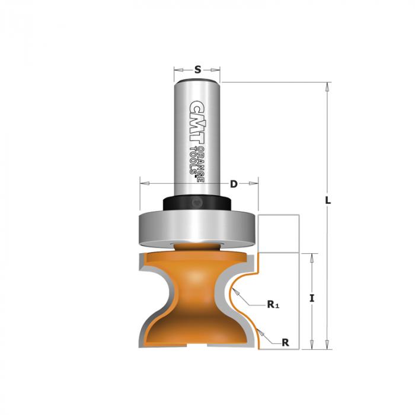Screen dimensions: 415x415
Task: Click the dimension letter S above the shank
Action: pyautogui.click(x=197, y=69)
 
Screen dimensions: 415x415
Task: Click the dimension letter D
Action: pyautogui.click(x=234, y=184)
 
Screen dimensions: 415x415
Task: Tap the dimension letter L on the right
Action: pyautogui.click(x=328, y=200)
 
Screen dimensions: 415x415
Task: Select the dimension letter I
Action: pyautogui.click(x=312, y=299)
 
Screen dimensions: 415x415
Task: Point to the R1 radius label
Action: pyautogui.click(x=273, y=305)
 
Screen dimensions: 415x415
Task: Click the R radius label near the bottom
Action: pyautogui.click(x=285, y=343)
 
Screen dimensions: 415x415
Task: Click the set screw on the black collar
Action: pyautogui.click(x=197, y=203)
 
